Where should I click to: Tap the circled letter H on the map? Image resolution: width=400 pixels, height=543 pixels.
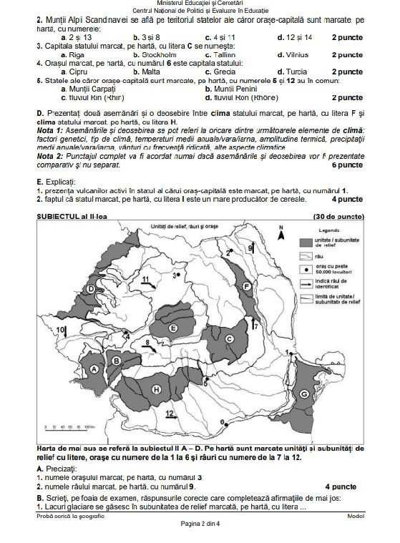pyautogui.click(x=156, y=388)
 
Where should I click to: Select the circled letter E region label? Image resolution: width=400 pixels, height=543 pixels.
pyautogui.click(x=174, y=328)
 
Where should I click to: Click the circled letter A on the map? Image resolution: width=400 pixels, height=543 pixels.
pyautogui.click(x=93, y=368)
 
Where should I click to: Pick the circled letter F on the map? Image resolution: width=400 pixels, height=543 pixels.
pyautogui.click(x=247, y=285)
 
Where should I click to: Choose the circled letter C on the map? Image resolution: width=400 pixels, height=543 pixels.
pyautogui.click(x=230, y=338)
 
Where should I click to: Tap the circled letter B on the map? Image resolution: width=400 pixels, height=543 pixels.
pyautogui.click(x=117, y=361)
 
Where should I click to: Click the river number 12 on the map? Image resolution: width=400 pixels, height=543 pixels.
pyautogui.click(x=170, y=414)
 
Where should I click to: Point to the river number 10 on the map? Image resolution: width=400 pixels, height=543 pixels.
pyautogui.click(x=61, y=328)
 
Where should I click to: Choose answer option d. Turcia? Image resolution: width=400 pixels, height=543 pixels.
pyautogui.click(x=291, y=72)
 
